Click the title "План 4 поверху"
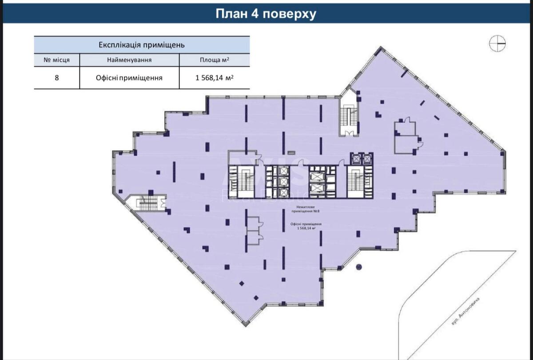click(266, 14)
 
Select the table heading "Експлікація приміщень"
click(141, 45)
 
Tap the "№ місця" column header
click(56, 60)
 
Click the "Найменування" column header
click(129, 60)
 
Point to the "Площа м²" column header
click(215, 60)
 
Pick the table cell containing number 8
click(56, 78)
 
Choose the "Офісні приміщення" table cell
click(129, 78)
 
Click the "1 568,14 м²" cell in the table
click(215, 78)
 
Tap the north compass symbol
click(497, 43)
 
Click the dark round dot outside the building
click(359, 267)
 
